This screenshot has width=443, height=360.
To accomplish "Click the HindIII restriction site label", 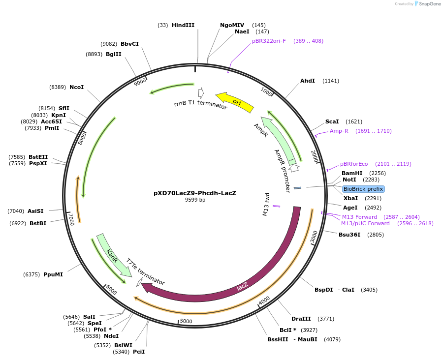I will pos(183,25).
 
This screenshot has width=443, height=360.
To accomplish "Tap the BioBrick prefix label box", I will pos(363,189).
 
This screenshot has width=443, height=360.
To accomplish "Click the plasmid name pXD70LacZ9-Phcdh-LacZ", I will pos(195,193).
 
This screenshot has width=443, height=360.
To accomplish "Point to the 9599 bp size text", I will pos(195,200).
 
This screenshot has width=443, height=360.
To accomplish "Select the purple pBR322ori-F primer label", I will pos(269,41).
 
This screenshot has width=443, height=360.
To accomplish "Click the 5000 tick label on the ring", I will pos(186,321).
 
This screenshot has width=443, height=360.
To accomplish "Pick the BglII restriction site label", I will pos(114,54).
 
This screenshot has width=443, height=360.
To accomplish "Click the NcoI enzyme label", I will pos(76,87).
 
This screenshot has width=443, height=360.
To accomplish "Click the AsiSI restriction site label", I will pos(35,211).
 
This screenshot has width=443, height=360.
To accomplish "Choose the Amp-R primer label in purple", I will pos(339,131).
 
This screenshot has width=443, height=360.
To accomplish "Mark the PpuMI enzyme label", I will pos(53,274).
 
